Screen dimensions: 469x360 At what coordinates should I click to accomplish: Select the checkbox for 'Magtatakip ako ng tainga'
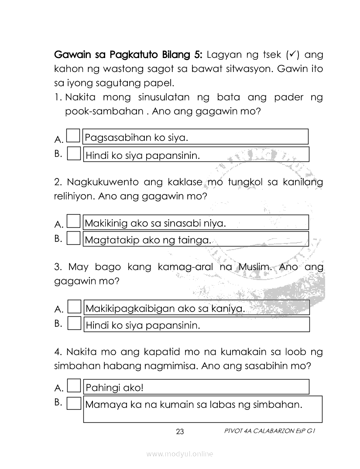pos(74,238)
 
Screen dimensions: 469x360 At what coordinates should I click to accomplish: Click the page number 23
pos(180,432)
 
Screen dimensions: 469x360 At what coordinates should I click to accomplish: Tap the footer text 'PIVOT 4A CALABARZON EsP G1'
pos(269,431)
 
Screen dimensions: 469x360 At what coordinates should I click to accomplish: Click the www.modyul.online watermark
pos(180,454)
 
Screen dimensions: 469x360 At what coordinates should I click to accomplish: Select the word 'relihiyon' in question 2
pos(74,196)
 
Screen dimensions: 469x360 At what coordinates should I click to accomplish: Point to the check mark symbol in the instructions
pos(293,55)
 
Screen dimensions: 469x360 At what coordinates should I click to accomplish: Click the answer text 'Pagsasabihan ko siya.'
pos(136,138)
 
